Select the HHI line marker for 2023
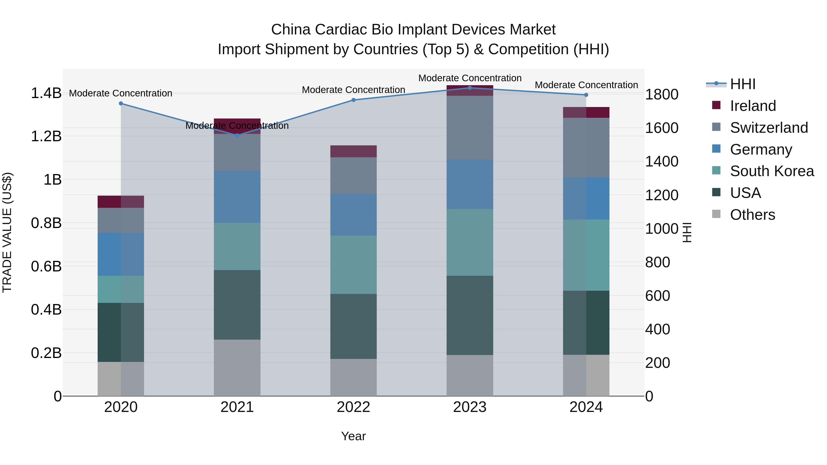470,88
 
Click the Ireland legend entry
753,106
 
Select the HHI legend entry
742,84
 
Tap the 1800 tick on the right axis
662,94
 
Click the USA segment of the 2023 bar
470,315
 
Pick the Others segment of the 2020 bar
121,379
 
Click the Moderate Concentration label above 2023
470,78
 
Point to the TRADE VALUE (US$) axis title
7,232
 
